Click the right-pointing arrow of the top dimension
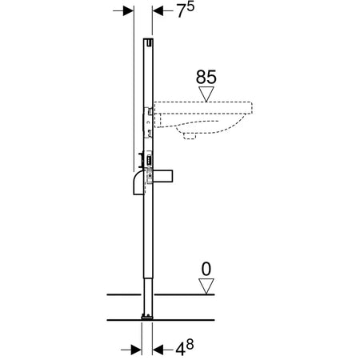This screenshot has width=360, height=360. (x=124, y=11)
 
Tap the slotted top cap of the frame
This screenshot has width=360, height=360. (x=149, y=41)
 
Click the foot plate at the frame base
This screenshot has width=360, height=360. (x=148, y=318)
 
